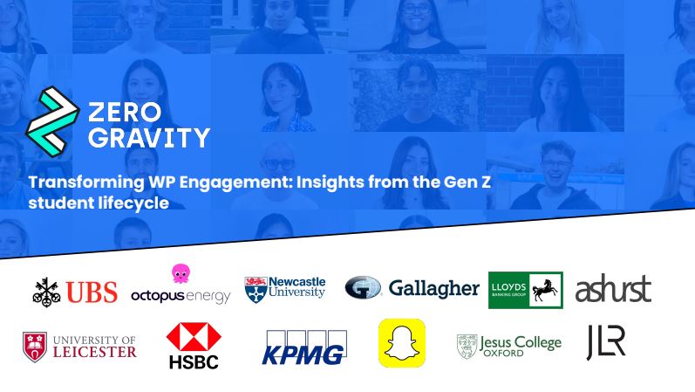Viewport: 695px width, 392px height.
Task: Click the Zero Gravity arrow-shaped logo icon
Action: pos(52,121)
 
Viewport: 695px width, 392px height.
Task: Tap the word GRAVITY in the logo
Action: pos(149,138)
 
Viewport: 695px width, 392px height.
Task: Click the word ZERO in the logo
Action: pos(125,112)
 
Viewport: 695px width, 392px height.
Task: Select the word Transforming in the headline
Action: pos(86,182)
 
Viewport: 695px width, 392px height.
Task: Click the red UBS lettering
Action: pos(92,292)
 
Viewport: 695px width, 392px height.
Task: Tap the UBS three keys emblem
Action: pos(46,292)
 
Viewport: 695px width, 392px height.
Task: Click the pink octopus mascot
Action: pos(181,273)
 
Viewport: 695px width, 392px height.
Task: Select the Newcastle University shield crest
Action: pos(256,290)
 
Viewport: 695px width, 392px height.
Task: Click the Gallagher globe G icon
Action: pos(363,287)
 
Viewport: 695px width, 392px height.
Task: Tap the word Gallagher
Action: pos(434,289)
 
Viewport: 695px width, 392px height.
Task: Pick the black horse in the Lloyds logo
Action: pos(545,290)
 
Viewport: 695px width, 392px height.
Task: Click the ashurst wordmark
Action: pos(613,289)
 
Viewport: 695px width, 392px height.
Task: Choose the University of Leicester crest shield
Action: pos(35,347)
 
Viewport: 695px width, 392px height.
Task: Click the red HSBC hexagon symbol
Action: pos(194,337)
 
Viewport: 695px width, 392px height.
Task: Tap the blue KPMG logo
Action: pos(304,347)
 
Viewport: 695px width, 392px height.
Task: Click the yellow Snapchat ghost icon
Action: pos(402,343)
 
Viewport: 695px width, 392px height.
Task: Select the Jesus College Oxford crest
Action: pos(467,347)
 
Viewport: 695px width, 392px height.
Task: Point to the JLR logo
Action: pos(606,342)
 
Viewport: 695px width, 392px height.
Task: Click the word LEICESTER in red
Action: pos(95,352)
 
